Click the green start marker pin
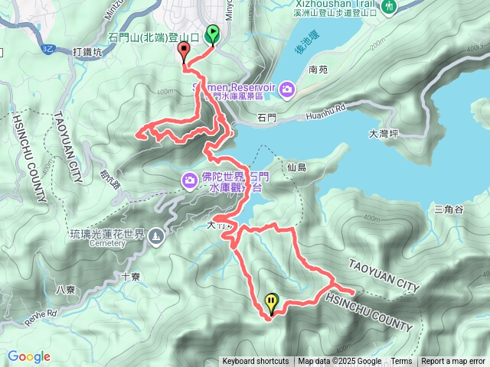click(212, 34)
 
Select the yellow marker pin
click(271, 302)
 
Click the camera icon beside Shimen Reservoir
click(286, 91)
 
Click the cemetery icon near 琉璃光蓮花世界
click(156, 236)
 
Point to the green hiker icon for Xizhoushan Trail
click(390, 7)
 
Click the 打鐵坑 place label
click(87, 52)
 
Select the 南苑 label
click(318, 70)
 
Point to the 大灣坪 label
click(384, 133)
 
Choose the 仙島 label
click(296, 167)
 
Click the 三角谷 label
click(449, 209)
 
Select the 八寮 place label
click(66, 289)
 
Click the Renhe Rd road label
click(40, 314)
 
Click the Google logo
click(29, 356)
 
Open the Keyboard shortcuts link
click(256, 362)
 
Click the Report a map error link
click(453, 362)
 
